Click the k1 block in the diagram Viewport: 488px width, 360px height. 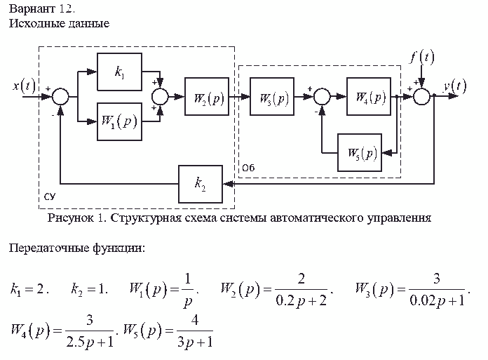[118, 72]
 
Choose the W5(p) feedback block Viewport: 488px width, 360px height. [361, 152]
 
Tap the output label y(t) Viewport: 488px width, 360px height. [454, 86]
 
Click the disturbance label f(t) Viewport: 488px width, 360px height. [421, 58]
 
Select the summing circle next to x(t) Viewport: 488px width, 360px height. [61, 98]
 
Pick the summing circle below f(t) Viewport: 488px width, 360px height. [421, 98]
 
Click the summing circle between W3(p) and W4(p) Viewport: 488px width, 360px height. [321, 98]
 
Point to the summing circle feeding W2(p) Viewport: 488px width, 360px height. [162, 98]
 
